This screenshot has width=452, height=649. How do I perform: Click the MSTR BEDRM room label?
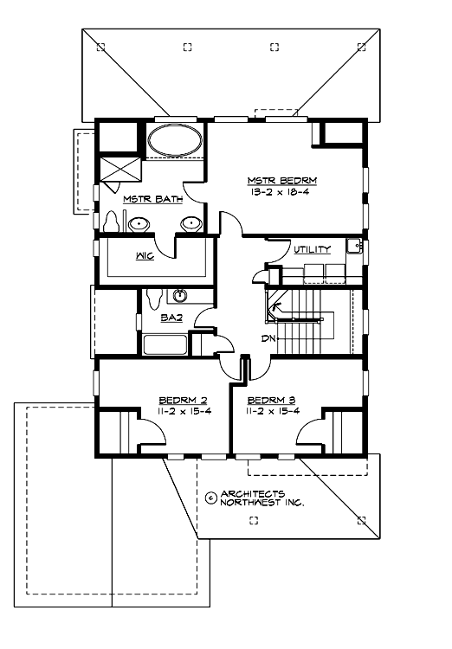click(x=282, y=180)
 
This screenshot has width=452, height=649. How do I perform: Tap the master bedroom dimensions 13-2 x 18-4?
click(x=282, y=191)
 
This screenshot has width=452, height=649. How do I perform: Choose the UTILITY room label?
click(x=312, y=249)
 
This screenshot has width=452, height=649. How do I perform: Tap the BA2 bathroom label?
click(x=171, y=318)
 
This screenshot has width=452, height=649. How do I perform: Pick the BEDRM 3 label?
click(x=271, y=400)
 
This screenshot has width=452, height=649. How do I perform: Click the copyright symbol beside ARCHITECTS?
click(x=210, y=498)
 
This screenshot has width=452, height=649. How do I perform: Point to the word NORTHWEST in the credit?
click(x=249, y=503)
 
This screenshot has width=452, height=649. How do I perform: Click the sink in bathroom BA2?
click(x=182, y=294)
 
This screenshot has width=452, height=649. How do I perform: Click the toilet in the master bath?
click(x=109, y=222)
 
